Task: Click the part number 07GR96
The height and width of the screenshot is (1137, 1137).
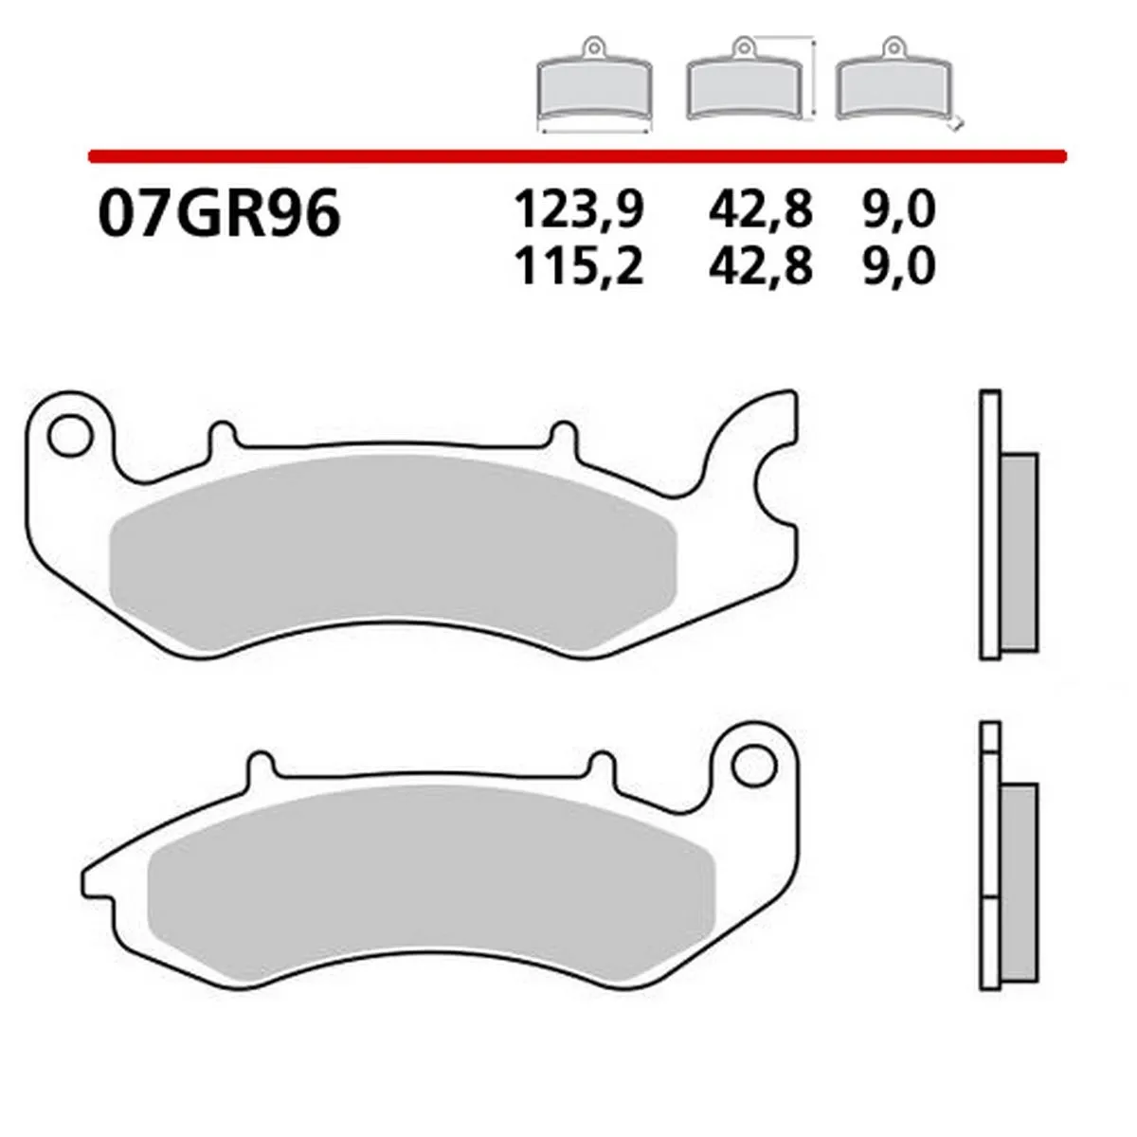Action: (217, 215)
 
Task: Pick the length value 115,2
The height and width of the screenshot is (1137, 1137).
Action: (578, 267)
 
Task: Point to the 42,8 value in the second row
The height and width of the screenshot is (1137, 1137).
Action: (760, 267)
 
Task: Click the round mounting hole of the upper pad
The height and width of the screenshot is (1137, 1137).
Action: (67, 438)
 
